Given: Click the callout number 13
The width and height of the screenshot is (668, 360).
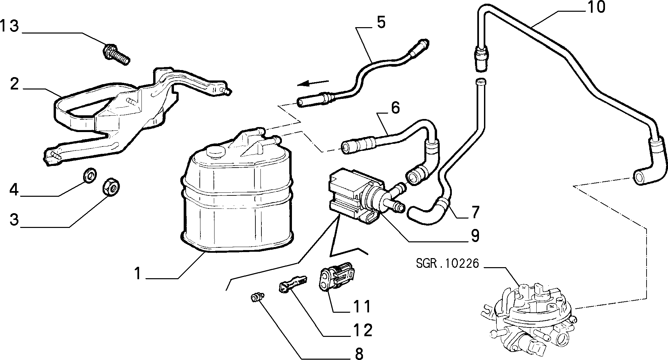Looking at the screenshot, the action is coord(9,26).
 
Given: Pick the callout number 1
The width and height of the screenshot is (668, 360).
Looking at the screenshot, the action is coord(137,273).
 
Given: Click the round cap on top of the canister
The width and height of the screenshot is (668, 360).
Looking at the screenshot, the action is coord(215,152).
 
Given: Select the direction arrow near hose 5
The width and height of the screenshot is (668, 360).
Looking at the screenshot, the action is coord(313,83).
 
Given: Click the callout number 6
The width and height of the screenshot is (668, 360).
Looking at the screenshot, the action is coord(395,108).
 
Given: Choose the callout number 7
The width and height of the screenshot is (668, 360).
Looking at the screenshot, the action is coord(475,212).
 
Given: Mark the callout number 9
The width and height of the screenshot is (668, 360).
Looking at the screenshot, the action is coord(475,235).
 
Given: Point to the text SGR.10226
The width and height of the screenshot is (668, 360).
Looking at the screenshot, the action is coord(448,264).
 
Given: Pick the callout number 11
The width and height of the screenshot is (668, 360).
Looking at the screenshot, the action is coord(362,306).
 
